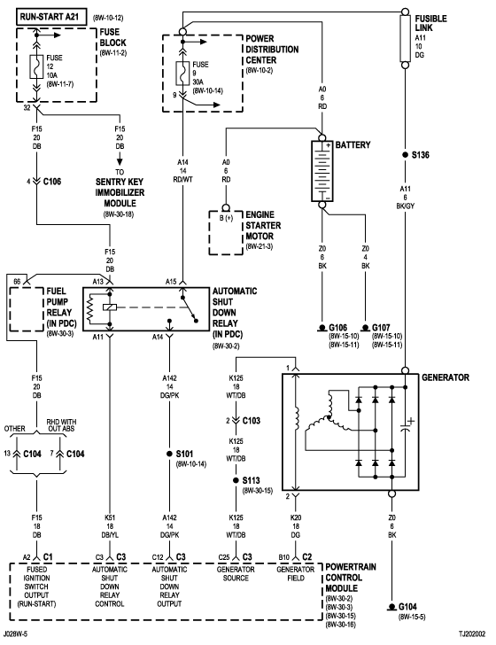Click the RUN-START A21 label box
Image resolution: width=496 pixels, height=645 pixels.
52,17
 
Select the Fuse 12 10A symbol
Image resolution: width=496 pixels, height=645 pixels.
36,66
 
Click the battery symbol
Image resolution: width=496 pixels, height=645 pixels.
322,171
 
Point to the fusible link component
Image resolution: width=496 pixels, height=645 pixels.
405,38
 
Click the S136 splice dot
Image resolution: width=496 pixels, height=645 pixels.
405,155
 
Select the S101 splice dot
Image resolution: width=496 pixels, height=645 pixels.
169,454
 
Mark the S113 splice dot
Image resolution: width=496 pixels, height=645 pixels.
236,480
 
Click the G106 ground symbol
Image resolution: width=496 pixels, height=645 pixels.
322,328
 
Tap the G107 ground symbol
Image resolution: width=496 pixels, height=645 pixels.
365,328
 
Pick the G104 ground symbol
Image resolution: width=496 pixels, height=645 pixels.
391,607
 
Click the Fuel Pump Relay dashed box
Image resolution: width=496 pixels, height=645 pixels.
27,309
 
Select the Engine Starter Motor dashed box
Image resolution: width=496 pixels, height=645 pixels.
226,233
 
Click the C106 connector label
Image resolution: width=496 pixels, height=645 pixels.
52,182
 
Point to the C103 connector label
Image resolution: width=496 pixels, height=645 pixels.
252,420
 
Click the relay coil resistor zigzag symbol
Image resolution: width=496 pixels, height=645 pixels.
89,309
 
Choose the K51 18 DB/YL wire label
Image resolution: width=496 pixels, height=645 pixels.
110,526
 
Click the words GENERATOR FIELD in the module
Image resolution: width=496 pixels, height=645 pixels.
295,574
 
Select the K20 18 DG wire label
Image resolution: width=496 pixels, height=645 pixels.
295,526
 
